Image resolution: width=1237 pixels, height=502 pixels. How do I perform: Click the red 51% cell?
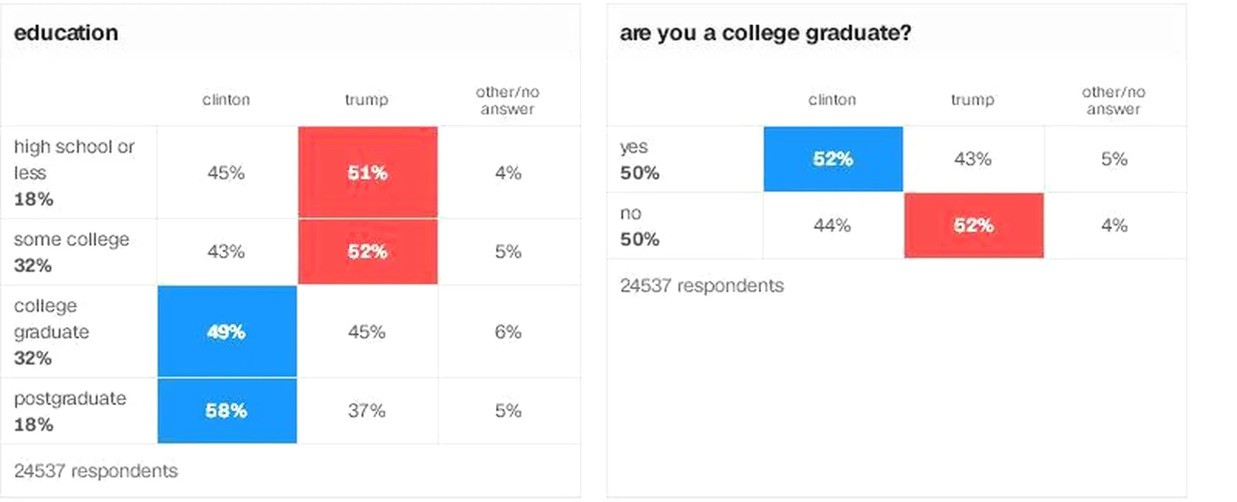[368, 172]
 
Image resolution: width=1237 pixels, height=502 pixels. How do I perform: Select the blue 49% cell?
[227, 331]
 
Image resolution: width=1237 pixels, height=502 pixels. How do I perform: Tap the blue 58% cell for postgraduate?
[227, 410]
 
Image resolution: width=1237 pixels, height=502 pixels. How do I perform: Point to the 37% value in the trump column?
[367, 411]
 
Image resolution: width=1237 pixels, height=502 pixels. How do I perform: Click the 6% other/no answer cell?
[508, 332]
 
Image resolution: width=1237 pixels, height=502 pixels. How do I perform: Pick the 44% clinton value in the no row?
[832, 226]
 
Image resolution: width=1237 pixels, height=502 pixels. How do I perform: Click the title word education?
[66, 33]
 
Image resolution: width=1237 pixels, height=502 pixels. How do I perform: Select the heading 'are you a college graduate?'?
[765, 33]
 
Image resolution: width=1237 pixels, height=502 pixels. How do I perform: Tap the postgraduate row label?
[70, 399]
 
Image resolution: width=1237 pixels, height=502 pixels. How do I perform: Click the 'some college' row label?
[71, 240]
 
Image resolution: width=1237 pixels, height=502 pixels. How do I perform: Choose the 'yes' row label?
[634, 147]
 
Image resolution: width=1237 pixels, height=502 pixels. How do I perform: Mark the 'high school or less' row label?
[74, 159]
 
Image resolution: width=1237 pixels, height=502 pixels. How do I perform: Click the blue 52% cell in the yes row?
[833, 158]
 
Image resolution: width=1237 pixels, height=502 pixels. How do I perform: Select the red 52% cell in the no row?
[974, 225]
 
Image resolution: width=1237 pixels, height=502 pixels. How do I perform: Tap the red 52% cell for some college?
[368, 252]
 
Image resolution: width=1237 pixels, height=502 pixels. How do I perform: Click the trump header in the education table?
[366, 100]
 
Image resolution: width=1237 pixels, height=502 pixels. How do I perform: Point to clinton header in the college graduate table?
[832, 100]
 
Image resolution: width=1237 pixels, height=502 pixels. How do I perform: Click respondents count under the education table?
[95, 471]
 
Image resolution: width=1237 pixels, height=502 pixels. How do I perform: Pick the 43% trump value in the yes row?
[973, 159]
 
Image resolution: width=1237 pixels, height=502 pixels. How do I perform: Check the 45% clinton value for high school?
[226, 173]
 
